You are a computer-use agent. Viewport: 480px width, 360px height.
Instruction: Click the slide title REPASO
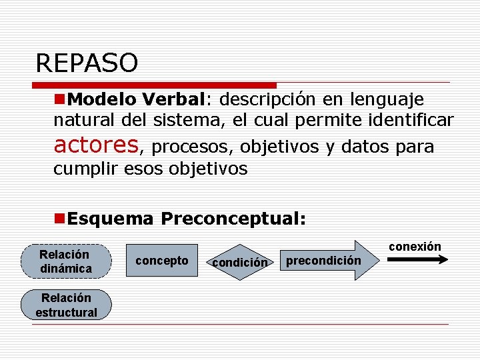point(87,63)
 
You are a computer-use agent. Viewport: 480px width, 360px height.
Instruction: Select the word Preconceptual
point(233,219)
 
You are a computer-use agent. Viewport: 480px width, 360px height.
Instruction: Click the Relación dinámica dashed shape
point(65,261)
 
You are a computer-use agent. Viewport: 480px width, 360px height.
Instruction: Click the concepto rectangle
point(162,261)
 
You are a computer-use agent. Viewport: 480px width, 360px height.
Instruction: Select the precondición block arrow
point(328,260)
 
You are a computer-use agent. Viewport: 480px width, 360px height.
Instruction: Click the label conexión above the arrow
point(415,247)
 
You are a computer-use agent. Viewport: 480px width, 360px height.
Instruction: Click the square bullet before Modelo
point(60,100)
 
